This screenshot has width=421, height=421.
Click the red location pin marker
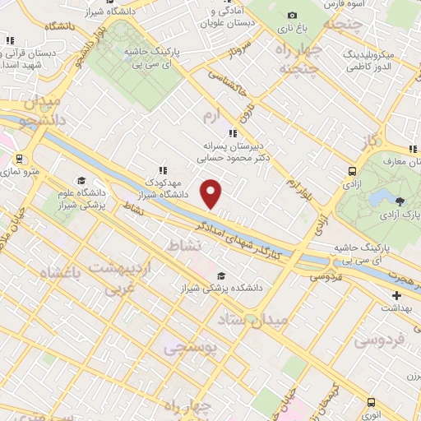211,192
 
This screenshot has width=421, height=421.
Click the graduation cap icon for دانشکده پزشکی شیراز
220,276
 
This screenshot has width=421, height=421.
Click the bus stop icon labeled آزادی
353,172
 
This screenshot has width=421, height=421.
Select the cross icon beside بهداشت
397,295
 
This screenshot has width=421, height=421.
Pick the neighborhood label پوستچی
190,349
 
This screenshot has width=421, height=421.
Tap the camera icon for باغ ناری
292,16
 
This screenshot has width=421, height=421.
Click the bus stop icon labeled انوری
372,403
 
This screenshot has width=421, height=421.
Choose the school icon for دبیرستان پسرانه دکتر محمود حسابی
233,132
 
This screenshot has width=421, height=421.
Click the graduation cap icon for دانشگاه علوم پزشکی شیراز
81,181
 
